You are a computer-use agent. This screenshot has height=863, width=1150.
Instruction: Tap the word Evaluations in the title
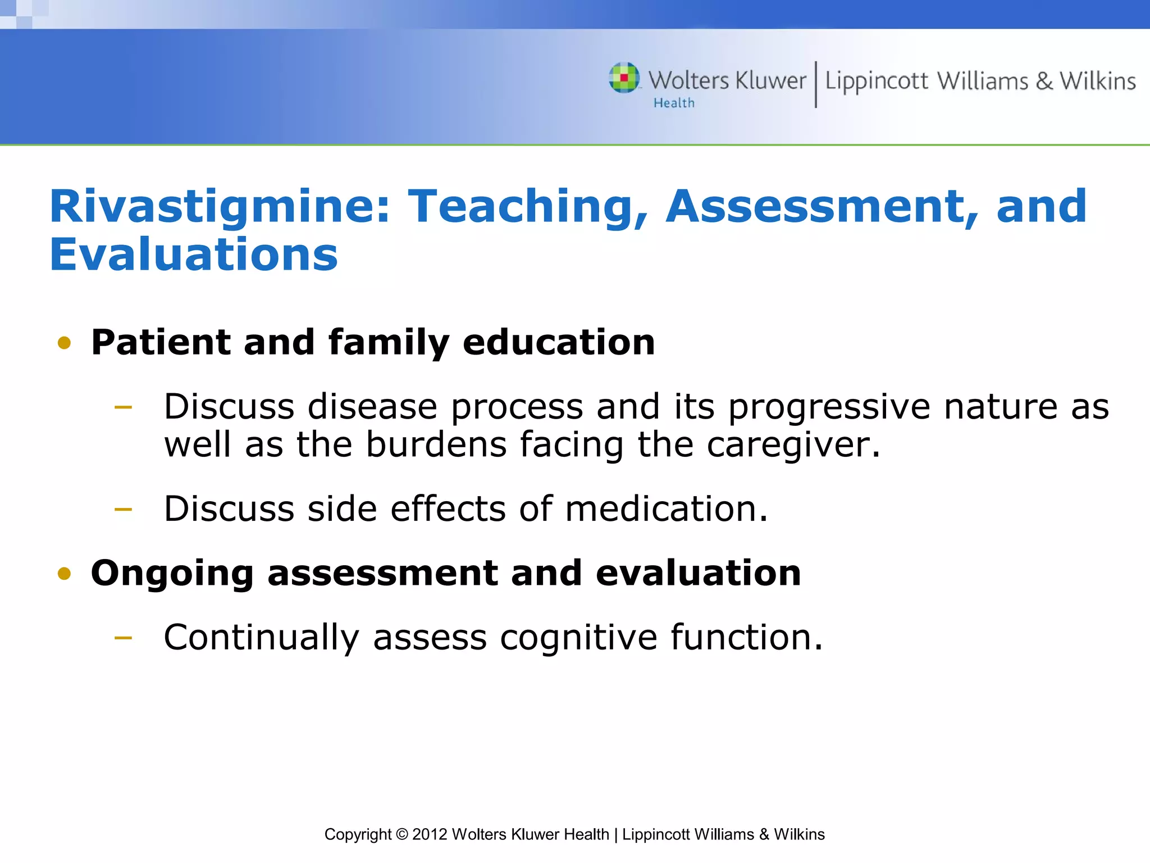coord(194,256)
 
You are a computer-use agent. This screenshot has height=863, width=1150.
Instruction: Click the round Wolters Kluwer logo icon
coord(624,78)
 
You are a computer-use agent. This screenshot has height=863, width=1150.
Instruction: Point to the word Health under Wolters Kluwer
coord(674,103)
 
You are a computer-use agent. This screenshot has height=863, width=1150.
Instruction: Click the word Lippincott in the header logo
coord(876,81)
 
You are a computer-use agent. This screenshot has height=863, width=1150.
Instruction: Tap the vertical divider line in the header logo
coord(816,84)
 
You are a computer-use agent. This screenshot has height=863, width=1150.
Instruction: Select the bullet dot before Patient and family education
coord(65,343)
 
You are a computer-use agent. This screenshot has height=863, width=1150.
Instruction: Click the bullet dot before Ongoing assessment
coord(65,574)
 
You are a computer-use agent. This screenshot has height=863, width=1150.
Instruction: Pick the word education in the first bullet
coord(559,342)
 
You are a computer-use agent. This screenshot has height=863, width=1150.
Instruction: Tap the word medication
coord(665,509)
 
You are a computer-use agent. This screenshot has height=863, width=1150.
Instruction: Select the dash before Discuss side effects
coord(123,510)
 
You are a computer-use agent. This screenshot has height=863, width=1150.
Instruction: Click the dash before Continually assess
coord(123,638)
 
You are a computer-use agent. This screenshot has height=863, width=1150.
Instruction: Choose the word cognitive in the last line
coord(578,638)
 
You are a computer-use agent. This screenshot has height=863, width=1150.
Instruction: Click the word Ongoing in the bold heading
coord(172,574)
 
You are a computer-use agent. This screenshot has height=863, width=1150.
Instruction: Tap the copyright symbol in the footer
coord(402,834)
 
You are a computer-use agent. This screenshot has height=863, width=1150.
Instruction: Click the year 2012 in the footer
coord(430,834)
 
